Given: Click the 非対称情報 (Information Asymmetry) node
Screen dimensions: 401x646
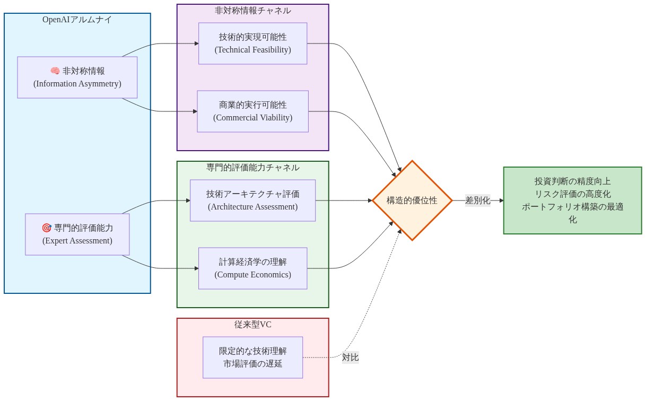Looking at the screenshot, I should pyautogui.click(x=77, y=77).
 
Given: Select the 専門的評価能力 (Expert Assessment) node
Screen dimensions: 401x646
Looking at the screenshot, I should pyautogui.click(x=77, y=234).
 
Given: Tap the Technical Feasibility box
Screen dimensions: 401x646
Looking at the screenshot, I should pyautogui.click(x=252, y=43).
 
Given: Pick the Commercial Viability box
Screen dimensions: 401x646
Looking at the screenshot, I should pyautogui.click(x=252, y=111).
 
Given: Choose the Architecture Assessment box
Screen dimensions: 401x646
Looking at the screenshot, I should pyautogui.click(x=252, y=201).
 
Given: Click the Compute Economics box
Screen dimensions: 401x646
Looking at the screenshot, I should pyautogui.click(x=252, y=268).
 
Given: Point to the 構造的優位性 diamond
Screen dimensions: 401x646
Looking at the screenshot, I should pyautogui.click(x=412, y=201).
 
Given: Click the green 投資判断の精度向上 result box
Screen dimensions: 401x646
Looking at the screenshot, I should pyautogui.click(x=572, y=201).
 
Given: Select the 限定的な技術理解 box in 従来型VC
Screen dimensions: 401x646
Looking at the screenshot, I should pyautogui.click(x=252, y=358).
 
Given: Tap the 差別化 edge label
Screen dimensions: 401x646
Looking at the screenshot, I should pyautogui.click(x=477, y=201).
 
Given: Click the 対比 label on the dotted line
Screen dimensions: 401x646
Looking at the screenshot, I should pyautogui.click(x=350, y=358).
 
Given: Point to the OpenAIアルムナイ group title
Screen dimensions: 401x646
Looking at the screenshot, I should pyautogui.click(x=77, y=20).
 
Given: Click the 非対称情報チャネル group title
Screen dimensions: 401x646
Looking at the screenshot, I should pyautogui.click(x=252, y=11).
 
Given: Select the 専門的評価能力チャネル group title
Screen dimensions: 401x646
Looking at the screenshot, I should pyautogui.click(x=252, y=168).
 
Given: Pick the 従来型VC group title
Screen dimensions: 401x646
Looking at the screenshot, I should pyautogui.click(x=252, y=325).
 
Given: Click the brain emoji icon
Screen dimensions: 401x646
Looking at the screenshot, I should pyautogui.click(x=55, y=71).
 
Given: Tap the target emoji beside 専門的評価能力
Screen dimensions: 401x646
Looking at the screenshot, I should pyautogui.click(x=47, y=228).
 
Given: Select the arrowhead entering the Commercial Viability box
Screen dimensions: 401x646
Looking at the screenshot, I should pyautogui.click(x=195, y=111).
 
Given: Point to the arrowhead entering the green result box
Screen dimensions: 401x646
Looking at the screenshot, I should pyautogui.click(x=501, y=201).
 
